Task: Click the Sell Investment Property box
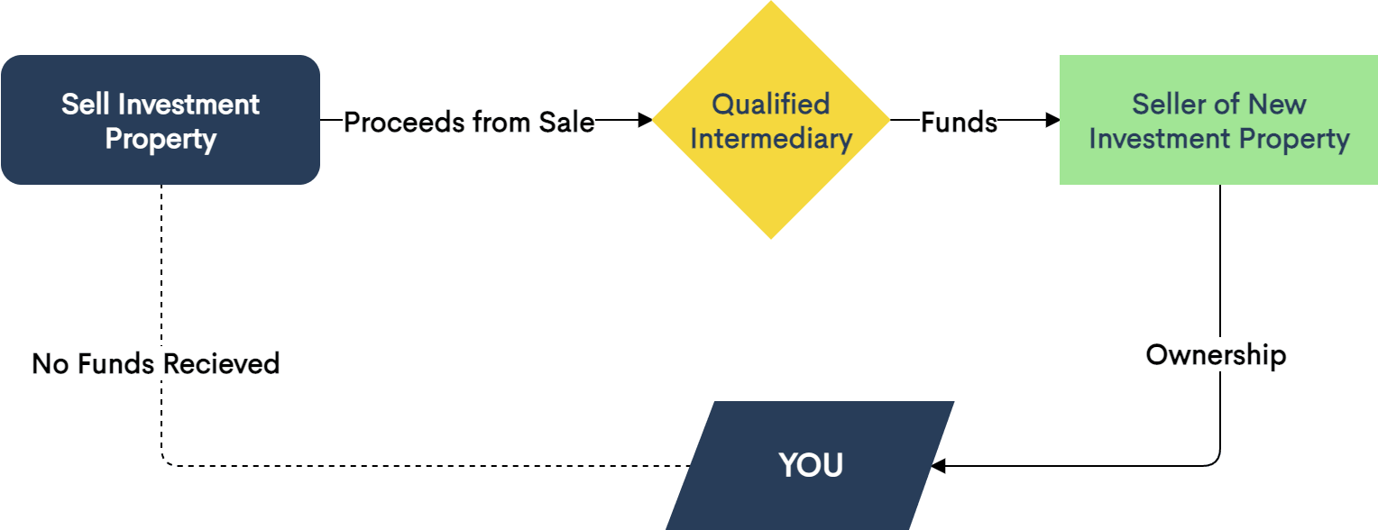(x=161, y=120)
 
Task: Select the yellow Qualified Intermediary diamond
(x=771, y=120)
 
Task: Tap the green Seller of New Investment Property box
(x=1218, y=120)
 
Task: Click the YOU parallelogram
(x=810, y=465)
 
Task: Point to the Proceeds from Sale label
(x=469, y=122)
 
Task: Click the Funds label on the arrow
(x=959, y=122)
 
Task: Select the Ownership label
(x=1216, y=354)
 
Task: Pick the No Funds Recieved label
(x=156, y=363)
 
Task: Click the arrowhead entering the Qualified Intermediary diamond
(x=644, y=120)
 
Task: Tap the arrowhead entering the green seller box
(x=1052, y=120)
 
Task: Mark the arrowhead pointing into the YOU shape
(x=939, y=466)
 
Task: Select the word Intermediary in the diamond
(x=771, y=139)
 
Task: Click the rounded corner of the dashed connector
(x=165, y=461)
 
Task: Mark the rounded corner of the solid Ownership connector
(x=1216, y=461)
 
